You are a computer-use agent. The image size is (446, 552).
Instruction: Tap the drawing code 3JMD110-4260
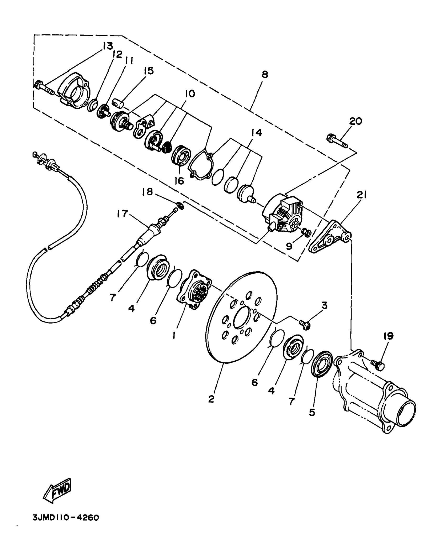pos(66,518)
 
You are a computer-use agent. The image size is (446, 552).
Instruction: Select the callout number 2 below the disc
pos(211,399)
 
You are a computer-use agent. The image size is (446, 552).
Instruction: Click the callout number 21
pos(362,195)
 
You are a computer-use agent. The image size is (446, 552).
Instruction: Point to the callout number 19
pos(389,336)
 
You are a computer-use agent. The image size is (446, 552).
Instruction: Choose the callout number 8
pos(265,75)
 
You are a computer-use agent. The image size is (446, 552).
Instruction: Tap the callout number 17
pos(122,213)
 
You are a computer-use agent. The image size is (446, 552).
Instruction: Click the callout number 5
pos(312,413)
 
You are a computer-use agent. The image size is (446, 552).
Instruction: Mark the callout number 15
pos(149,71)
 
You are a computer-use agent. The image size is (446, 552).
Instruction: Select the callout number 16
pos(179,181)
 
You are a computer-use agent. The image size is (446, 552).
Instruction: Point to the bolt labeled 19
pos(378,365)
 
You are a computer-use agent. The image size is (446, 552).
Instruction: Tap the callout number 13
pos(107,46)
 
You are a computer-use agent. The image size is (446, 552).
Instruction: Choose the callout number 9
pos(289,246)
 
